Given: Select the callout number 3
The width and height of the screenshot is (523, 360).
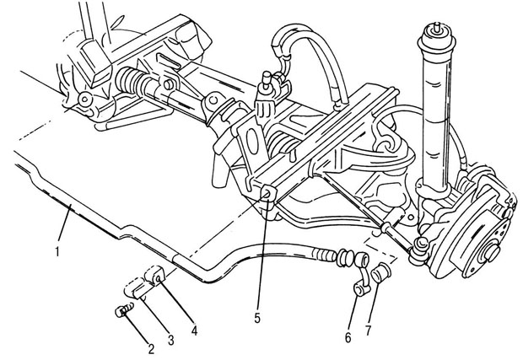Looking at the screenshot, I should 172,340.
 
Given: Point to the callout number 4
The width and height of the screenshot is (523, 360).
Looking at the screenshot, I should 195,330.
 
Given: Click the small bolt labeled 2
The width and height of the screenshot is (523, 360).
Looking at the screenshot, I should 124,312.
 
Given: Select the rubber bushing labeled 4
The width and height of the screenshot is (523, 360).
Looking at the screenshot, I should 157,274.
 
